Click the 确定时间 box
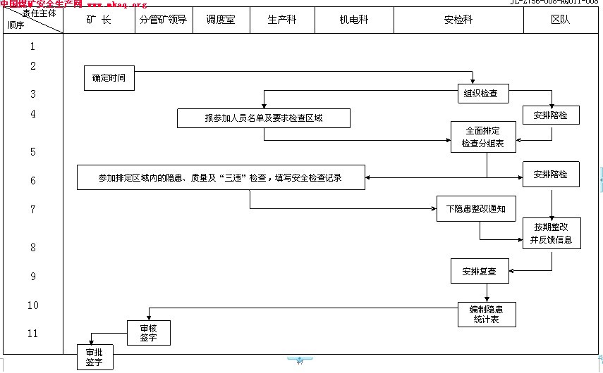109,78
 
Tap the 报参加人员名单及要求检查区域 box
264,118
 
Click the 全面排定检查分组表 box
482,137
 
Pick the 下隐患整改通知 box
477,209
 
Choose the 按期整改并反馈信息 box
551,234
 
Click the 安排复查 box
479,271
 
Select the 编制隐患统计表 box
486,315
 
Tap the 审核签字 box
148,333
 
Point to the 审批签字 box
94,358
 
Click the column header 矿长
99,20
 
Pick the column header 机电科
353,20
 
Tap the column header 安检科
458,20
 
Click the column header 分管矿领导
163,20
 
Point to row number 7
32,210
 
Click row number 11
32,333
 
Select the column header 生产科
281,20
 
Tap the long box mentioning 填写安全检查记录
221,177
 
